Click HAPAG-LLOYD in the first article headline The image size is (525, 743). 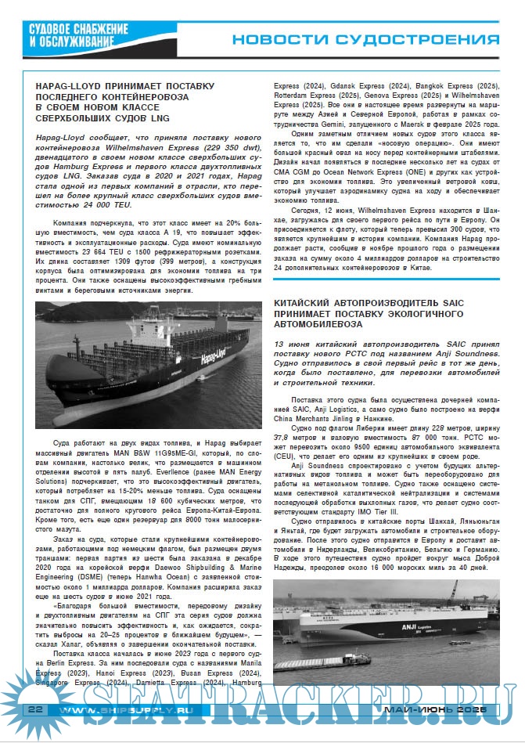72,85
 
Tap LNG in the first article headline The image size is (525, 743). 159,117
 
